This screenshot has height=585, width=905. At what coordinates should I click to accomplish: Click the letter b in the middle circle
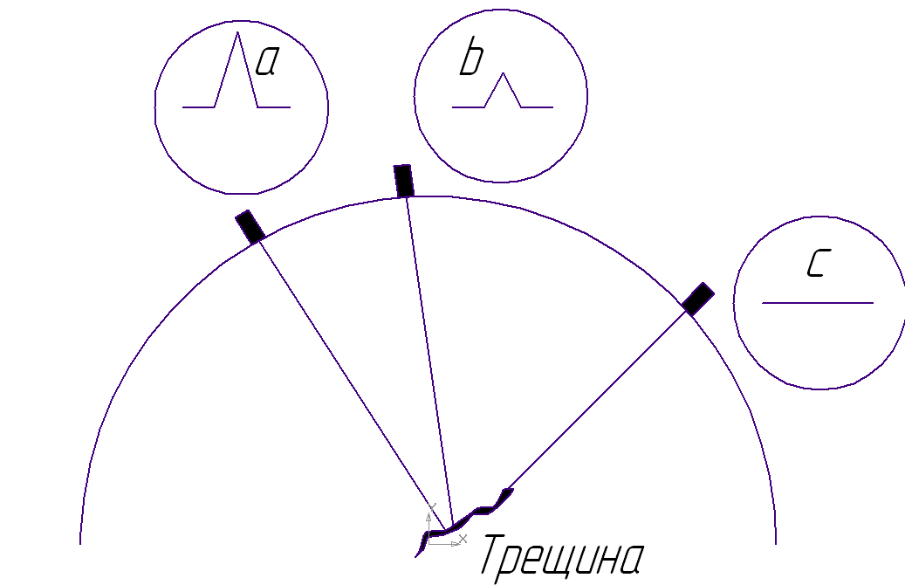[471, 60]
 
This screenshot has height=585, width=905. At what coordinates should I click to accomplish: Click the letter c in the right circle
[815, 265]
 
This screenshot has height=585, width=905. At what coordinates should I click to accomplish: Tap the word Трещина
[563, 556]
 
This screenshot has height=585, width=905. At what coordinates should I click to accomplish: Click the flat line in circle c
[818, 303]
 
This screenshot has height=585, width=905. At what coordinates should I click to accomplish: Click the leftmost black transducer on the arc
[250, 226]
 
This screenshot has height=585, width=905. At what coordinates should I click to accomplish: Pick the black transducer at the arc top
[403, 181]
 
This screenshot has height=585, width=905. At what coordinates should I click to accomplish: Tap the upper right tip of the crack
[509, 492]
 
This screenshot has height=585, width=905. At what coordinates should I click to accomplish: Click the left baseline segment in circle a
[199, 107]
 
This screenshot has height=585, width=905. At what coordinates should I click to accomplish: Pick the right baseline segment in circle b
[537, 107]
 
